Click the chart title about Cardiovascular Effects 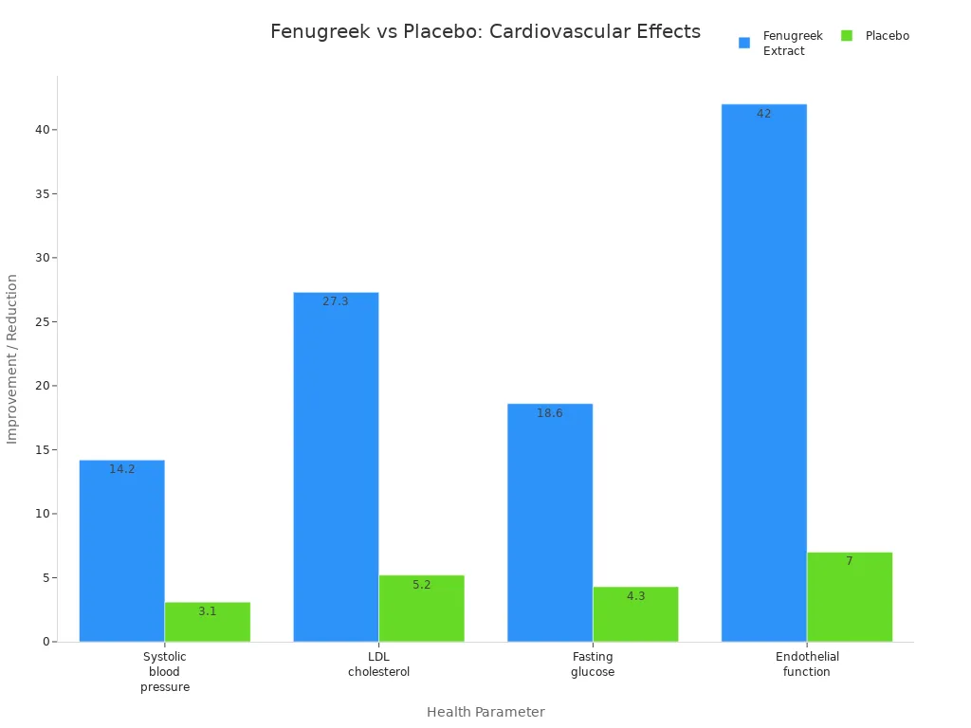click(x=485, y=31)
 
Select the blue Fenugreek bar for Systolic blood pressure click(x=121, y=551)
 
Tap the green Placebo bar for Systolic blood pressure click(x=208, y=622)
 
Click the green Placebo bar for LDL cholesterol click(x=421, y=609)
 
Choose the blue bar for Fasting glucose click(x=550, y=522)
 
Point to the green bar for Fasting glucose click(x=635, y=614)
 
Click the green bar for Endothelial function click(x=850, y=597)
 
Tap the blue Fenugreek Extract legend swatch click(x=744, y=43)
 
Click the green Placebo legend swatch click(x=847, y=36)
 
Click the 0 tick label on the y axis click(x=46, y=642)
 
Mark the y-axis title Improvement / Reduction click(x=12, y=358)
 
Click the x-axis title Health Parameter click(x=485, y=712)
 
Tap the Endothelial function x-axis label click(x=807, y=664)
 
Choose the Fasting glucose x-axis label click(x=593, y=664)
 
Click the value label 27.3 click(x=336, y=301)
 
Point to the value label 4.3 click(x=635, y=596)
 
